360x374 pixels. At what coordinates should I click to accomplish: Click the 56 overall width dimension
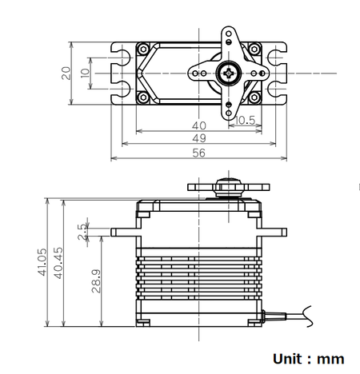(198, 152)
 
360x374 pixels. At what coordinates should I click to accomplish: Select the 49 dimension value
(198, 139)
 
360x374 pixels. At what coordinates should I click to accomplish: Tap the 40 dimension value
(198, 125)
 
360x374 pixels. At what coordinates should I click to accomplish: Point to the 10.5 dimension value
(246, 121)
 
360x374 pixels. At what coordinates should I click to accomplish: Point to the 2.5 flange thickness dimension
(82, 231)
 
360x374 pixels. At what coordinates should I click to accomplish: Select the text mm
(329, 359)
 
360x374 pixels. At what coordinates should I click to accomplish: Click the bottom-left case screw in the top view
(143, 98)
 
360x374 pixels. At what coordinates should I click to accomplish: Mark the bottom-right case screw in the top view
(256, 98)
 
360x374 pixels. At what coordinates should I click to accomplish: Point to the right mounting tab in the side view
(274, 232)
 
